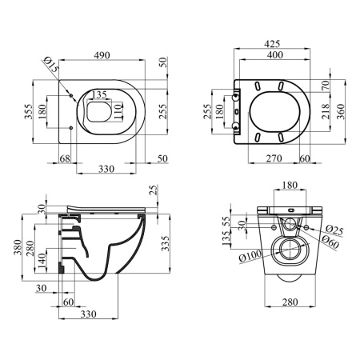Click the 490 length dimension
(x=102, y=55)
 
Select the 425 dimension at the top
(x=272, y=44)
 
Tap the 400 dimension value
(x=275, y=55)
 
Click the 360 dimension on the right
(x=341, y=111)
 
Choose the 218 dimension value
(x=326, y=111)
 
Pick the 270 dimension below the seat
(x=274, y=158)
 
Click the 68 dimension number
(x=65, y=158)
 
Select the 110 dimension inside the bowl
(x=118, y=111)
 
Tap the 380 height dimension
(x=18, y=247)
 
